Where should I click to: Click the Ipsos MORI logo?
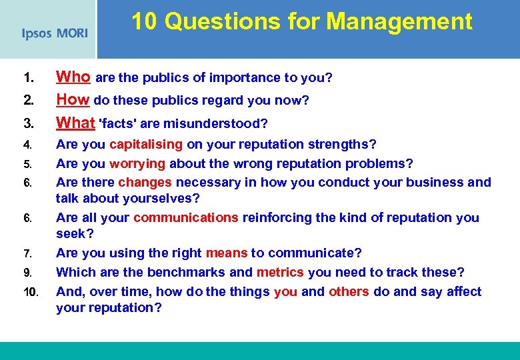point(54,33)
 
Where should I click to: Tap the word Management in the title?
point(399,21)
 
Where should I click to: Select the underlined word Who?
point(73,77)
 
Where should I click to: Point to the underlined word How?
point(73,100)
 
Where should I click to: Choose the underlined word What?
point(75,123)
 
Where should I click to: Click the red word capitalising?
point(146,145)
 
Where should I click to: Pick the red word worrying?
point(138,163)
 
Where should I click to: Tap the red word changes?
point(145,182)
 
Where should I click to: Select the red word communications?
point(185,217)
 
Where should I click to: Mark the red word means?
point(227,253)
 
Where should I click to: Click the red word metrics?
point(280,272)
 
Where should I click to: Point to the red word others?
point(349,291)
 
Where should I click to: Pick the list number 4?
point(26,145)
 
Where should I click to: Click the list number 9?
point(26,272)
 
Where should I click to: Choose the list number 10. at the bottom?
point(30,291)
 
